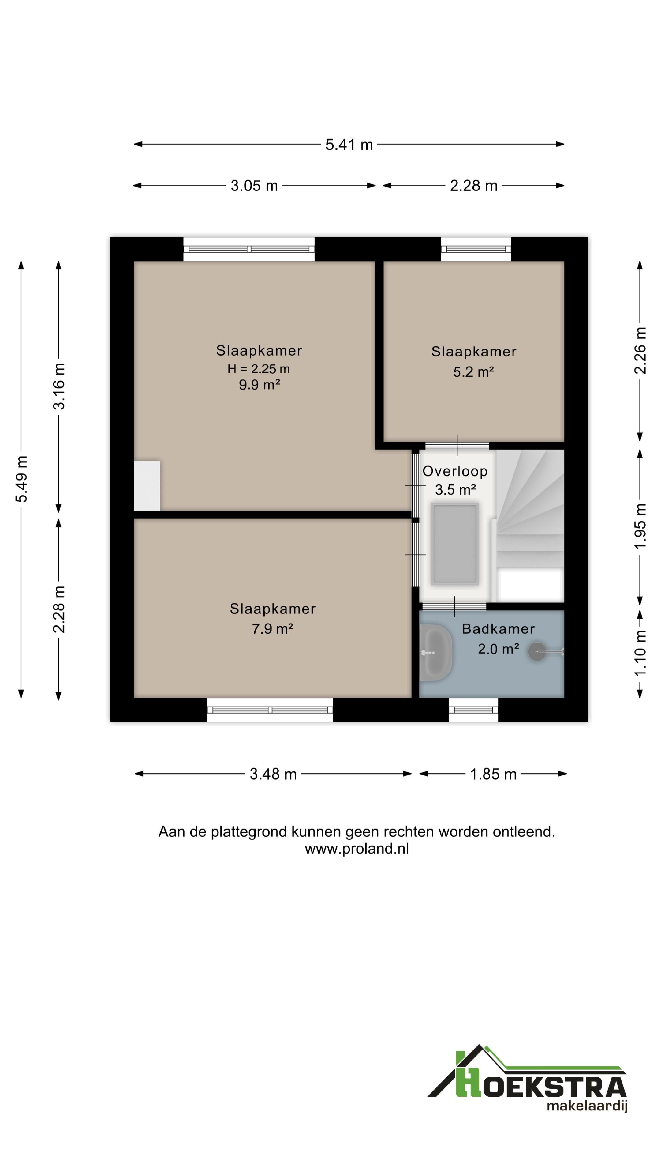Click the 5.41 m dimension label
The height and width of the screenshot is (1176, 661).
click(x=349, y=145)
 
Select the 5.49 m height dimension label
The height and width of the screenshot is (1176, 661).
click(x=21, y=479)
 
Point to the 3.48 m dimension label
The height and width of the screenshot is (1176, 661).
click(x=273, y=774)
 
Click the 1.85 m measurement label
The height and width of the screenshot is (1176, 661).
click(x=493, y=774)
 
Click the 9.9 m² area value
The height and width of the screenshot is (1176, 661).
click(x=259, y=385)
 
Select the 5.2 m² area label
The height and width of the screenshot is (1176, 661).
click(x=473, y=372)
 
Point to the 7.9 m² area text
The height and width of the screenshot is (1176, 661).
click(x=272, y=629)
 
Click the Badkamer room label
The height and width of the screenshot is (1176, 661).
click(x=498, y=629)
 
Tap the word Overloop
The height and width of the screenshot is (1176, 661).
click(x=455, y=471)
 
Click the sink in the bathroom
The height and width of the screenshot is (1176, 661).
click(x=436, y=653)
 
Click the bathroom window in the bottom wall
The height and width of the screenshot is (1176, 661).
click(x=473, y=710)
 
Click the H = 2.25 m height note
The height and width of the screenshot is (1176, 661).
click(x=259, y=369)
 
